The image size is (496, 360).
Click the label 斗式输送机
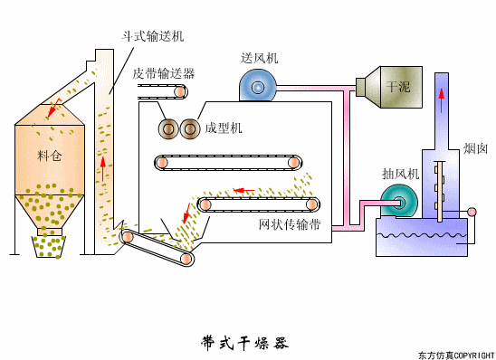click(153, 35)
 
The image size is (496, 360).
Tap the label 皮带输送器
click(162, 74)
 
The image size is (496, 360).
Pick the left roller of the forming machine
click(168, 129)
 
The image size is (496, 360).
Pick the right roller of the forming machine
click(189, 129)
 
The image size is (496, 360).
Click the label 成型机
click(224, 128)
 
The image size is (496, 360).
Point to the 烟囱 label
click(476, 147)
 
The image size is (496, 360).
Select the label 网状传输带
click(290, 223)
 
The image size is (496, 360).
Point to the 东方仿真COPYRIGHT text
click(455, 355)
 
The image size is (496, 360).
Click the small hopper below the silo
click(49, 245)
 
